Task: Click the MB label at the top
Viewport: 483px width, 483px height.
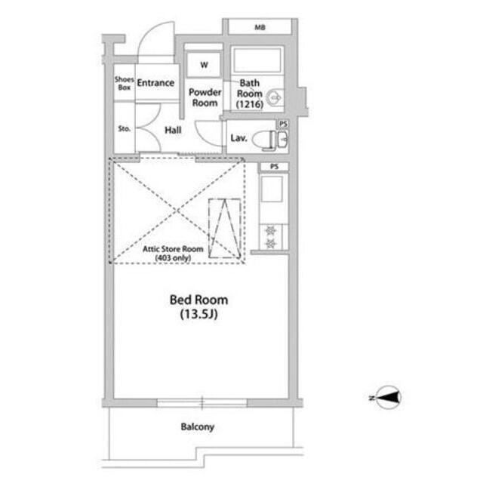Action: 260,28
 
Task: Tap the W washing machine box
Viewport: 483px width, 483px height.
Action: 204,65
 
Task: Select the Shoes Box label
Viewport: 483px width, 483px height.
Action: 124,83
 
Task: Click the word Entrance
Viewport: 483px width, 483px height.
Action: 155,82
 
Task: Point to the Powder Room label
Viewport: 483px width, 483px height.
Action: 205,97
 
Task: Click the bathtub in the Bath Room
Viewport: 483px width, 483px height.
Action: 257,60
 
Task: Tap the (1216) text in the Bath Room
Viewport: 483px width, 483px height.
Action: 250,104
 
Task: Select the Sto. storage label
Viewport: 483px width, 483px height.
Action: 124,129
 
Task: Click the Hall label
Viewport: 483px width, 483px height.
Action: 173,130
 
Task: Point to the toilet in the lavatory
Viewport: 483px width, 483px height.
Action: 264,140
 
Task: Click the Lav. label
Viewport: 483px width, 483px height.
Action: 238,138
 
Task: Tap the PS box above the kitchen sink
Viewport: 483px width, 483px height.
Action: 274,167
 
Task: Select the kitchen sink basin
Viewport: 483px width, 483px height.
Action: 272,189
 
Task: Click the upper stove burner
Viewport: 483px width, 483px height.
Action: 271,230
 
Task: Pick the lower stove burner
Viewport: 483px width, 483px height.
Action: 271,244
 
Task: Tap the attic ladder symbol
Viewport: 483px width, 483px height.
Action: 225,228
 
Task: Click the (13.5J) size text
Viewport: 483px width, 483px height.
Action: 198,314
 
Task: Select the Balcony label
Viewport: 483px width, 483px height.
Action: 198,427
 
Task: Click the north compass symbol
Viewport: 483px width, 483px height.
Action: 387,398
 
